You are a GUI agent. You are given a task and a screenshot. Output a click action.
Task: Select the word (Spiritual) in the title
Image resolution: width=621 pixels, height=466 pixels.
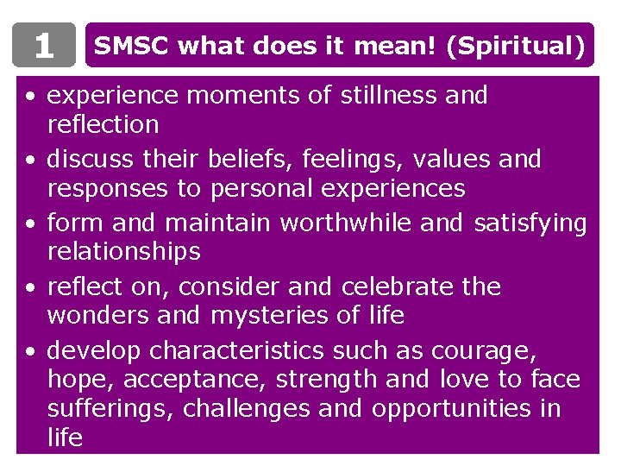[x=516, y=45]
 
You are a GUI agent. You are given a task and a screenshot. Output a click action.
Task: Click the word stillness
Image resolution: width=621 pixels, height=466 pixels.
[x=392, y=95]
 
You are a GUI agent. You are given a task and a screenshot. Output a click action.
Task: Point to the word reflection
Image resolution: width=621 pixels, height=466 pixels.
[x=103, y=125]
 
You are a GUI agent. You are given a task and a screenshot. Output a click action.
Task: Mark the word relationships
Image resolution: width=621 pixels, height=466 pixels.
[x=123, y=253]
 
